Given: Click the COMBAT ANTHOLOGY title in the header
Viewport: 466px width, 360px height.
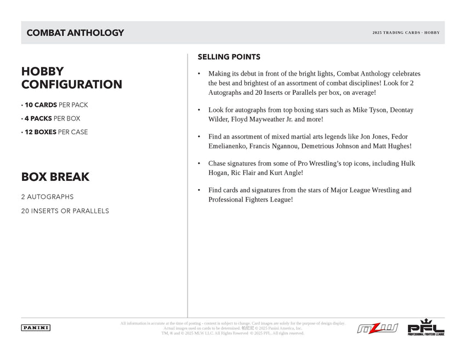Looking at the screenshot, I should click(x=75, y=33).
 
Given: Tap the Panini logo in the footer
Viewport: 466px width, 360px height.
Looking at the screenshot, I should click(x=36, y=328).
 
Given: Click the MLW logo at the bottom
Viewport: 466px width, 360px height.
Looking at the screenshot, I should click(x=377, y=329).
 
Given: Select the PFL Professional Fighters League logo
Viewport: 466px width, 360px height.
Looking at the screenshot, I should click(x=425, y=327).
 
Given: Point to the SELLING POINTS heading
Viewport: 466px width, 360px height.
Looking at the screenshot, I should click(x=229, y=57).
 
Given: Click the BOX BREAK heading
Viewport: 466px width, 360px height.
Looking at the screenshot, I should click(x=55, y=177).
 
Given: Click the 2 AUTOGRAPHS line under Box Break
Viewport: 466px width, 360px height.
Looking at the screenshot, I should click(x=47, y=197).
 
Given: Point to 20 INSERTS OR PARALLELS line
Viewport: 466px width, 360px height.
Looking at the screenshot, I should click(x=65, y=211).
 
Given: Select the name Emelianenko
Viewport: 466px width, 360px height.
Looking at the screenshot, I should click(x=227, y=146).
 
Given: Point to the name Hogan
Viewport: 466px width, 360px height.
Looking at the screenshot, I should click(x=219, y=173).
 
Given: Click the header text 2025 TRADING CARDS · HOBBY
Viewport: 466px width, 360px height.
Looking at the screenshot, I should click(x=406, y=33).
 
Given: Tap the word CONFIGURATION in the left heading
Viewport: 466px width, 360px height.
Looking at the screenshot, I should click(x=71, y=85).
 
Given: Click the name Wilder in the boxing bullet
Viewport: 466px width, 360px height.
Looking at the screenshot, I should click(x=219, y=119).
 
